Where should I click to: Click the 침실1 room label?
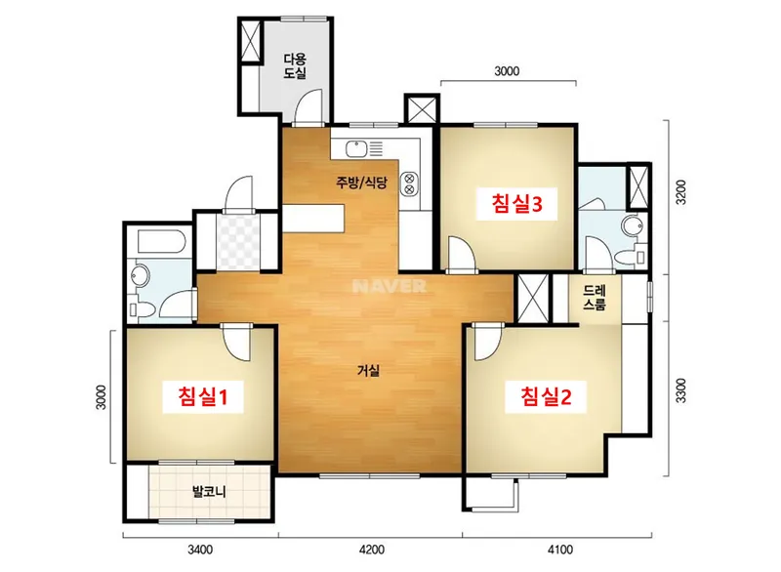pos(203,396)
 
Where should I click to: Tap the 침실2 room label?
pos(546,396)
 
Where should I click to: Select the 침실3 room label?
pos(516,203)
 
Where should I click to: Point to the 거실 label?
pos(369,370)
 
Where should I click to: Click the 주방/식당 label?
pos(361,183)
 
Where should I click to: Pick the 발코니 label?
pos(209,492)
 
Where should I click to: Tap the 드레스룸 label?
pos(595,298)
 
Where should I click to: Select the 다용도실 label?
pos(295,66)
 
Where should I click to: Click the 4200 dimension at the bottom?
pos(372,550)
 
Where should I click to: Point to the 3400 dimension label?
pos(200,550)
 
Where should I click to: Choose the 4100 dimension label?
pos(560,550)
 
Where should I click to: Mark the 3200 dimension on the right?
pos(680,191)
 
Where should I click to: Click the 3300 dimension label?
pos(680,390)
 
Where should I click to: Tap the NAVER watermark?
pos(389,286)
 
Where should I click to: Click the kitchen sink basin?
pos(356,148)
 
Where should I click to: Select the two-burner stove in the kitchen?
pos(410,184)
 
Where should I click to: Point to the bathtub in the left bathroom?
pos(161,241)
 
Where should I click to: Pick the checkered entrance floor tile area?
pos(238,241)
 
